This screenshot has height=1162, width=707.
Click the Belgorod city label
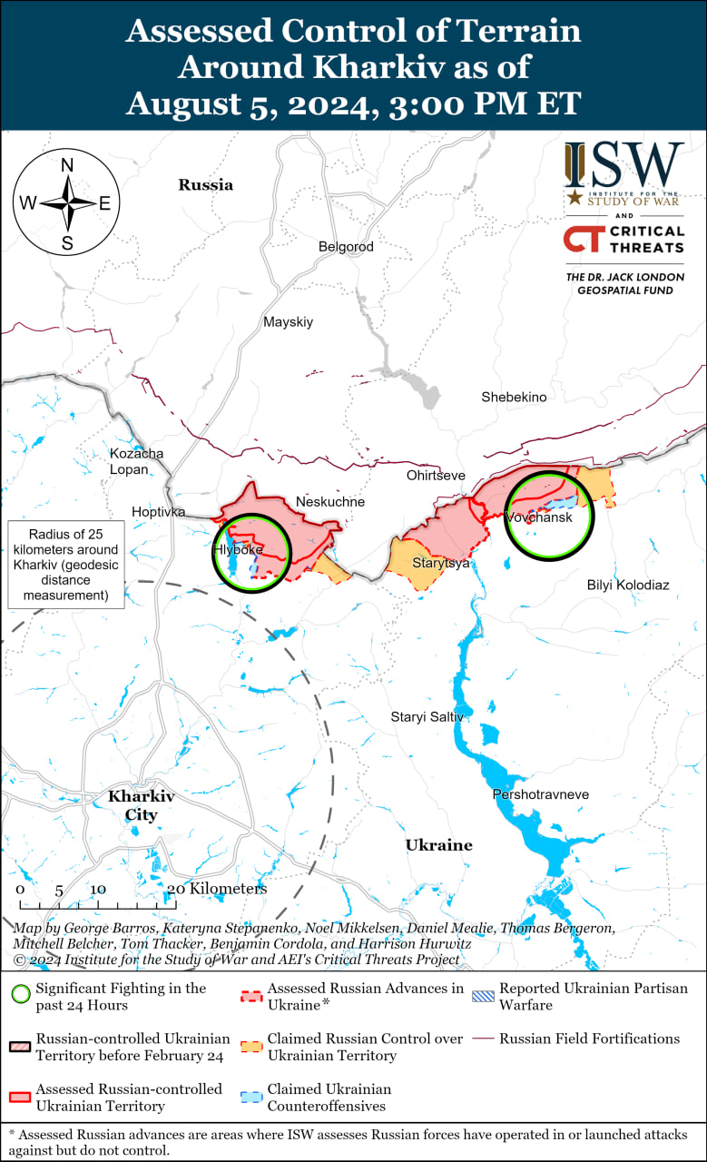(346, 246)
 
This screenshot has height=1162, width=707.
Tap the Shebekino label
(514, 397)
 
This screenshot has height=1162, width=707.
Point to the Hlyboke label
(238, 550)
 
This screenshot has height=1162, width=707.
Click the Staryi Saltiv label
(427, 717)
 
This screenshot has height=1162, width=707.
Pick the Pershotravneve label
(540, 794)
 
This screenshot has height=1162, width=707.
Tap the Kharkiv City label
(141, 805)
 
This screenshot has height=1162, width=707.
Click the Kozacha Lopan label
(136, 461)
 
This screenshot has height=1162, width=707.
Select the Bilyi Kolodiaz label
(628, 585)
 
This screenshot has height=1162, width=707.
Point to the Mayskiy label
(288, 321)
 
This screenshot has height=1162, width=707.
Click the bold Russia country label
(205, 185)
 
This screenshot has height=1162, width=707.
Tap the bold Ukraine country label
(438, 845)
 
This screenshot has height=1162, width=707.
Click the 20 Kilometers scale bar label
(218, 889)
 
